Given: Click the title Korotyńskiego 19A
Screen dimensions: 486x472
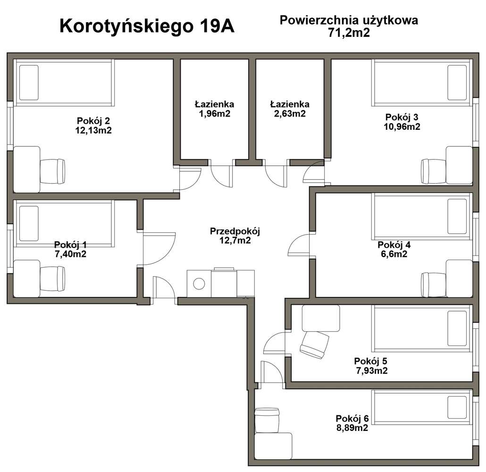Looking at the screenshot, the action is point(147,26).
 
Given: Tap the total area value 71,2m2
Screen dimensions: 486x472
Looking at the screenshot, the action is point(349,32).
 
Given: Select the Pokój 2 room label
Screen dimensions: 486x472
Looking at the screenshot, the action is point(93,120).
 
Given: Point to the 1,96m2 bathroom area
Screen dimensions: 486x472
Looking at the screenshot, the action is point(215,113).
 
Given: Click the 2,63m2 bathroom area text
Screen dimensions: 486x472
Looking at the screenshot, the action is point(290,113).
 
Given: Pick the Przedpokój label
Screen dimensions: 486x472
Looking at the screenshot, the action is point(235,231).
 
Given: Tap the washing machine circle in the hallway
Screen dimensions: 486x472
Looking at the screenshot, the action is point(199,284).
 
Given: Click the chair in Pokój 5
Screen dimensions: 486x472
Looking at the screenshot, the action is point(314,345).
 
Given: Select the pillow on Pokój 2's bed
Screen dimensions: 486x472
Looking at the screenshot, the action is point(29,83).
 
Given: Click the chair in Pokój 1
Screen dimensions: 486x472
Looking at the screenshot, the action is point(52,278).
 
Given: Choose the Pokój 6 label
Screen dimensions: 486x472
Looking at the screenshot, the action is point(352,418).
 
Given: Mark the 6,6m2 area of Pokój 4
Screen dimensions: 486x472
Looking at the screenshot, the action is point(394,254).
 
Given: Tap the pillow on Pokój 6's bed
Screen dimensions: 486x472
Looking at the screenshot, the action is point(457,407).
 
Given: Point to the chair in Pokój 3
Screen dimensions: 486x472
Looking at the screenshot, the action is point(434,171).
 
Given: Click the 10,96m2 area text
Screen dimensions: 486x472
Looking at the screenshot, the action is point(402,126).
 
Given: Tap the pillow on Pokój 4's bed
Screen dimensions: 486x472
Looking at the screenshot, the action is point(457,216).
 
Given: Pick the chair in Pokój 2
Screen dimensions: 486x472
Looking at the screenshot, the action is point(52,171).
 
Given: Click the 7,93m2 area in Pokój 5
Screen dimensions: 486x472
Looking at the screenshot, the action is point(372,371).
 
